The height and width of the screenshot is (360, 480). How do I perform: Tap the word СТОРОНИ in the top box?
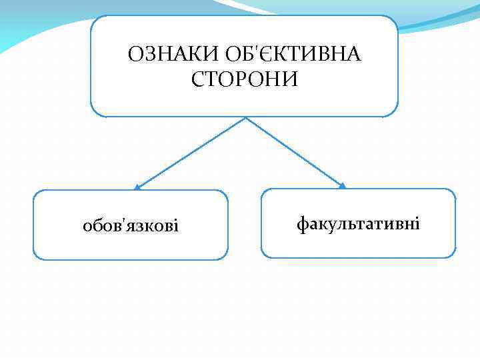coord(245,79)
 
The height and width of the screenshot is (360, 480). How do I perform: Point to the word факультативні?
coord(358,223)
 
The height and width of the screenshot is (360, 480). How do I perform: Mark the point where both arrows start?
coord(247,118)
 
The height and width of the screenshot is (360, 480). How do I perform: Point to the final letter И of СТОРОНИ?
coord(291,79)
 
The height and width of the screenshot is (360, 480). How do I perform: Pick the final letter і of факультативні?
coord(417,223)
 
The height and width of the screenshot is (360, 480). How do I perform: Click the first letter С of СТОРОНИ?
coord(198,79)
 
